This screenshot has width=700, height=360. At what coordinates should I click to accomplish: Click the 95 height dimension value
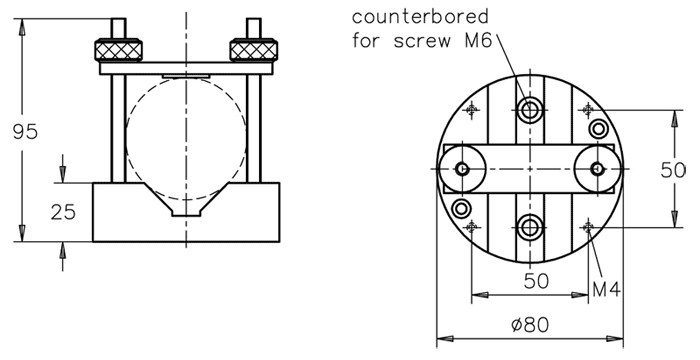[x=25, y=132]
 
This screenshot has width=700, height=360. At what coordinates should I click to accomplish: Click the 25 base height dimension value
[x=63, y=212]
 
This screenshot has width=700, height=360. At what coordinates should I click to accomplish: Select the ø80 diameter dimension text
[x=530, y=325]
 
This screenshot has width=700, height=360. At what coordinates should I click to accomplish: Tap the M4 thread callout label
[x=606, y=290]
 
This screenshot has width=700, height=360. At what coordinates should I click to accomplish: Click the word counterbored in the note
[x=420, y=17]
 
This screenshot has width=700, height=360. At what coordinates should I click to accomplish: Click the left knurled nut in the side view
[x=118, y=50]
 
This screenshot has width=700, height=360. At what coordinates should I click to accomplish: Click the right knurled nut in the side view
[x=254, y=50]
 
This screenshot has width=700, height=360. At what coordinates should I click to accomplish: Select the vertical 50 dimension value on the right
[x=673, y=170]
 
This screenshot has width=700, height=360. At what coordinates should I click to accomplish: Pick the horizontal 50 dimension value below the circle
[x=536, y=281]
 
